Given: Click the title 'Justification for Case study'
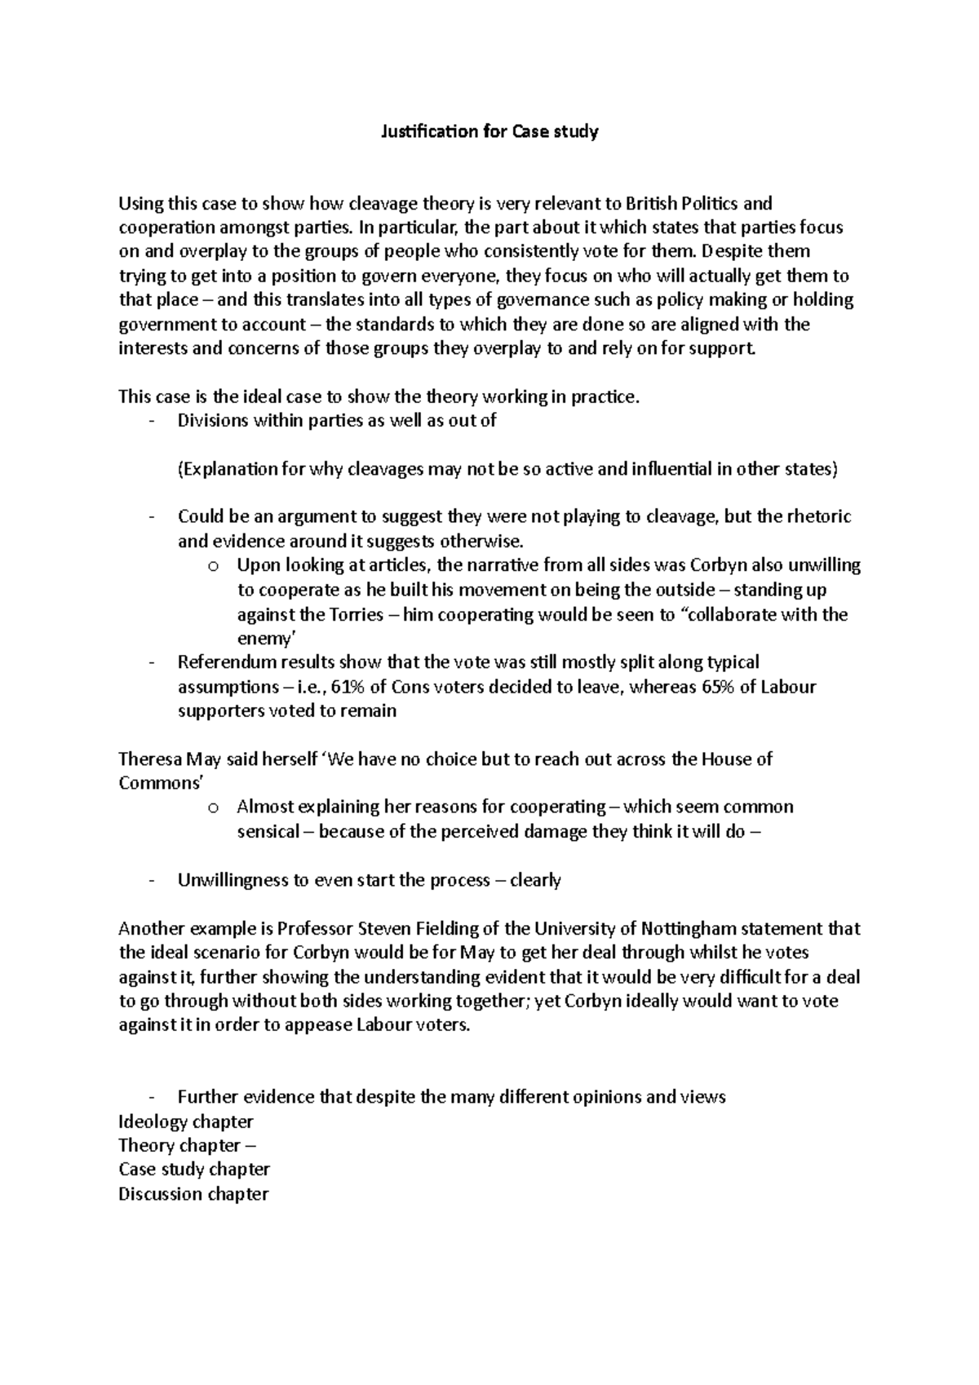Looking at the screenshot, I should pos(489,131).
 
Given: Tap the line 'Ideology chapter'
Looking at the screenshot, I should pos(186,1122).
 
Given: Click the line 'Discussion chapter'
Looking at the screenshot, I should pos(193,1194).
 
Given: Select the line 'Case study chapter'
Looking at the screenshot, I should pos(194,1170).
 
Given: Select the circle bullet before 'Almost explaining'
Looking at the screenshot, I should pos(213,808).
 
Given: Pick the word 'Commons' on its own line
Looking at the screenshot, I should pos(159,783).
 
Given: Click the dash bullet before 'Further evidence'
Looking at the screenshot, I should pos(153,1097).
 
